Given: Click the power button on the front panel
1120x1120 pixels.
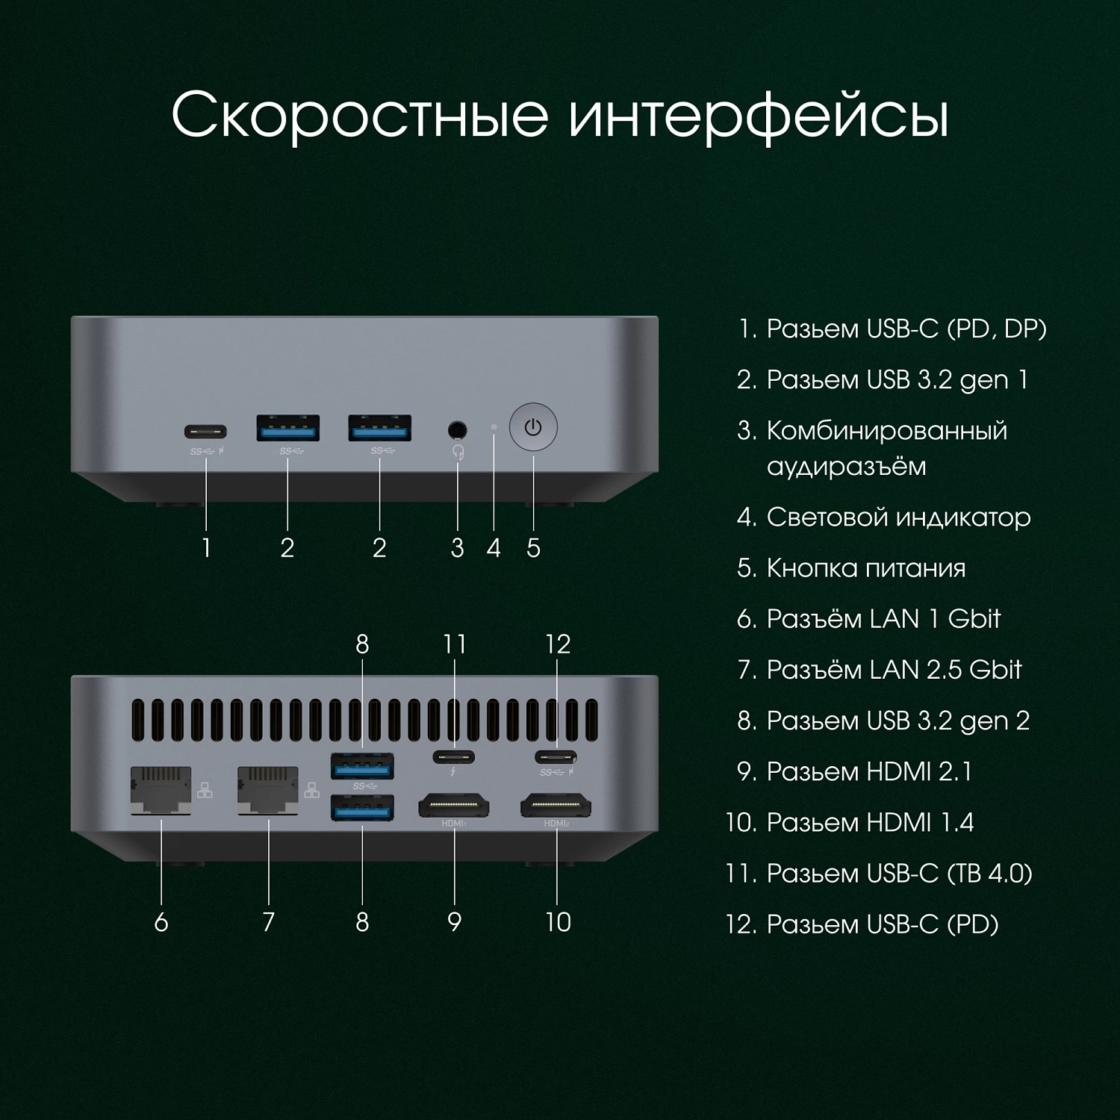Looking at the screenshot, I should coord(533,428).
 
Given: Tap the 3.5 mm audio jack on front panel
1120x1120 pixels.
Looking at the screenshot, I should coord(457,430).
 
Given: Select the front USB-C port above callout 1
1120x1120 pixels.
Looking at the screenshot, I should coord(205,432).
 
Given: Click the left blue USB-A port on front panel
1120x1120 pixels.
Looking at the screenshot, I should coord(288,429).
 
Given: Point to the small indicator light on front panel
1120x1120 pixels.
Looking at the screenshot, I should coord(494,427).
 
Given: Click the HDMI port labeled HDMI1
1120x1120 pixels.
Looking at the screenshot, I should coord(454,806).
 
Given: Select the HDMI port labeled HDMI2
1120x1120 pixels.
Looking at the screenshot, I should coord(556,806).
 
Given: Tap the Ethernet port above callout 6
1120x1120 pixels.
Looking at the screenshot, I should coord(161,790).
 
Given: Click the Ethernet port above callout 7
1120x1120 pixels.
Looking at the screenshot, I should coord(267,790).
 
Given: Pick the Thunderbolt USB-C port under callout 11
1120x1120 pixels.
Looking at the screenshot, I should coord(454,756).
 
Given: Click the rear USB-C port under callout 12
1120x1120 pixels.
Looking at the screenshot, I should coord(556,756).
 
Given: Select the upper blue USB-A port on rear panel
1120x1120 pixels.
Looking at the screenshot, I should coord(362,766).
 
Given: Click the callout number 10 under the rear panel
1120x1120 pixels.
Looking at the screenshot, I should coord(558,922).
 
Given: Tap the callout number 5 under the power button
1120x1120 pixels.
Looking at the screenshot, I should coord(533,548).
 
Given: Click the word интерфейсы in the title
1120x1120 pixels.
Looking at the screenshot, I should coord(758,116).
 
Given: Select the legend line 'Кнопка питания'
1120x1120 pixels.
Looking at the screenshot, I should coord(865,568).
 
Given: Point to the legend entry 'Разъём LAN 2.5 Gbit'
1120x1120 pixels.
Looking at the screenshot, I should coord(893,670).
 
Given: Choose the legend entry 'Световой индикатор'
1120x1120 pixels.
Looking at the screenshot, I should coord(897,517).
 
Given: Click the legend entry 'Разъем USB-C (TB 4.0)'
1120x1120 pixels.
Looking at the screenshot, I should coord(898,874).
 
